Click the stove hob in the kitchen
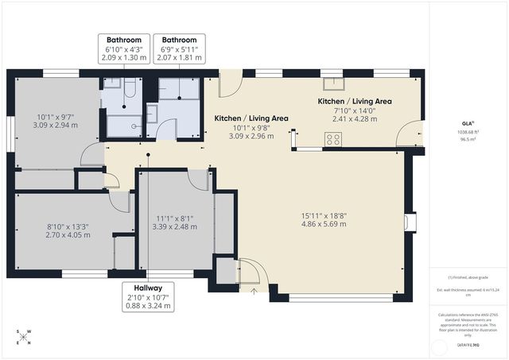point(332,139)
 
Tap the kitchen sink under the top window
point(327,84)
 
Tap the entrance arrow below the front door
point(254,291)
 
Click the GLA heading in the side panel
point(468,123)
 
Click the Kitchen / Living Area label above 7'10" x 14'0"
point(355,102)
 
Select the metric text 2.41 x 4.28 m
point(355,119)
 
